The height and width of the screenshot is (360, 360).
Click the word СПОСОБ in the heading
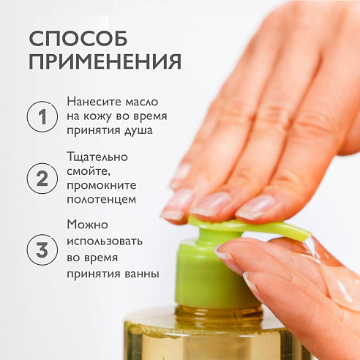click(x=78, y=38)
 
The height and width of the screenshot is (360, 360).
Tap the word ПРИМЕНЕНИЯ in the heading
click(x=105, y=61)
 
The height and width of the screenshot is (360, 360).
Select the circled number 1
click(x=42, y=116)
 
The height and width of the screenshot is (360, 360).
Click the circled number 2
click(x=42, y=179)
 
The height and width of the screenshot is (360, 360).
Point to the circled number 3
click(x=42, y=250)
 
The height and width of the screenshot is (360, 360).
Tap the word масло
click(x=142, y=102)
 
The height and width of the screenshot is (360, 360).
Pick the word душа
click(x=138, y=130)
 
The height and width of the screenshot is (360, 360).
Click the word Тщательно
click(x=97, y=157)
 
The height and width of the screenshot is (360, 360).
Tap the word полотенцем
click(x=101, y=200)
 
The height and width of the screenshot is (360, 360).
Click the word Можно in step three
click(x=87, y=225)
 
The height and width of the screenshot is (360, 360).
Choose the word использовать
click(x=105, y=241)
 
